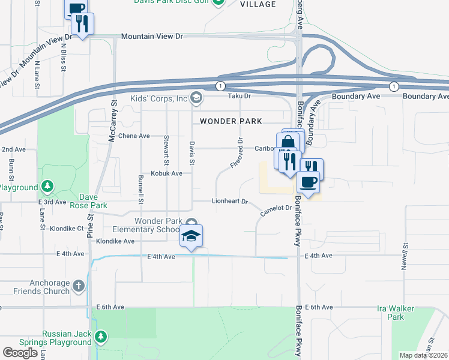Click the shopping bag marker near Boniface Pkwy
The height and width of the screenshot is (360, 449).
[288, 143]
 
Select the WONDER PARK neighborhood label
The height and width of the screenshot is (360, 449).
[231, 121]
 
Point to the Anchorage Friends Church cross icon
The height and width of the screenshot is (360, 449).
[79, 286]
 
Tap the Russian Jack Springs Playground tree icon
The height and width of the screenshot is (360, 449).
[101, 335]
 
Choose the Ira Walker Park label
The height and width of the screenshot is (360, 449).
[403, 313]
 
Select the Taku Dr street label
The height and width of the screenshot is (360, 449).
[238, 96]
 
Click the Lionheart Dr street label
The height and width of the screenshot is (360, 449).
[230, 202]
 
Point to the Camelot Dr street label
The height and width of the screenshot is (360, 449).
[276, 210]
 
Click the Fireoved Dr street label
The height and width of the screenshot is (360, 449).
[236, 153]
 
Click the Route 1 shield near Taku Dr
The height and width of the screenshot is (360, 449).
[221, 85]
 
